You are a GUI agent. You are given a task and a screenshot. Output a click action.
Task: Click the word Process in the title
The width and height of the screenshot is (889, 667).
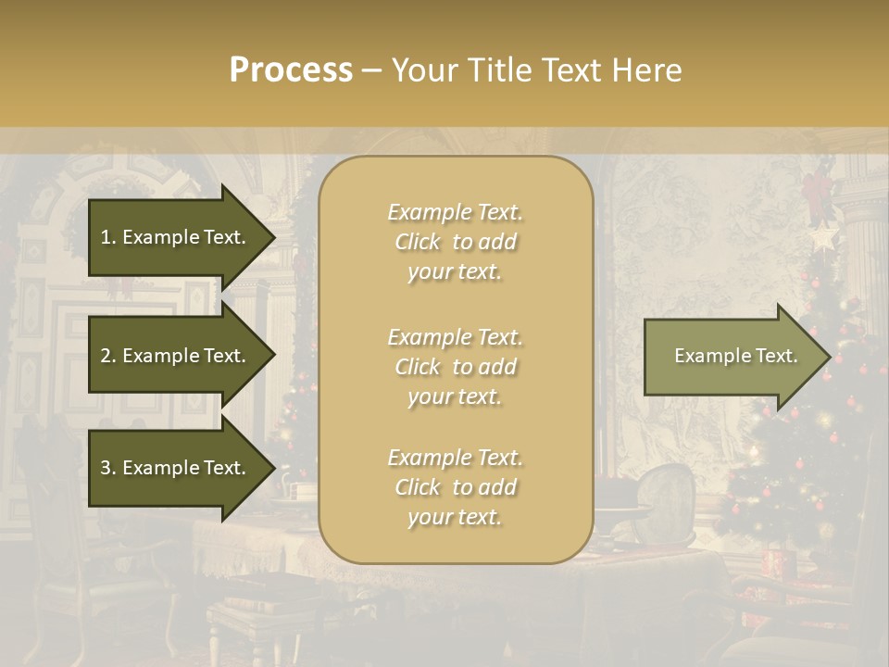point(291,70)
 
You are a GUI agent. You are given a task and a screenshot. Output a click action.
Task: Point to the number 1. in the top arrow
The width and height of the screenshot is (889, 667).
point(108,237)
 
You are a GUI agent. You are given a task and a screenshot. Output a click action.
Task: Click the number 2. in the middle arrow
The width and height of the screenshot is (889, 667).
point(108,356)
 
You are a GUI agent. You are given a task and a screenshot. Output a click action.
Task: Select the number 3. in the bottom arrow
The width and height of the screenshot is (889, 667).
point(108,468)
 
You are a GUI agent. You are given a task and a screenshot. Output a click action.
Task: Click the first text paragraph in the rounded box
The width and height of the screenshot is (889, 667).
point(455,242)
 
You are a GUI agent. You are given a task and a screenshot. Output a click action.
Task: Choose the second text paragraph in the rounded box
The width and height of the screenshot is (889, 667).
point(455,367)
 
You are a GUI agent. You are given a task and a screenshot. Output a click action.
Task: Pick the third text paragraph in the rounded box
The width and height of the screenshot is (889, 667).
point(455,487)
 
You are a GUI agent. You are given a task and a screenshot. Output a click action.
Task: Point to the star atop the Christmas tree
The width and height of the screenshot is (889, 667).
point(820,238)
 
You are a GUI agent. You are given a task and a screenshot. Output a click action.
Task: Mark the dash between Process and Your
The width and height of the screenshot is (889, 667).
point(371,70)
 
